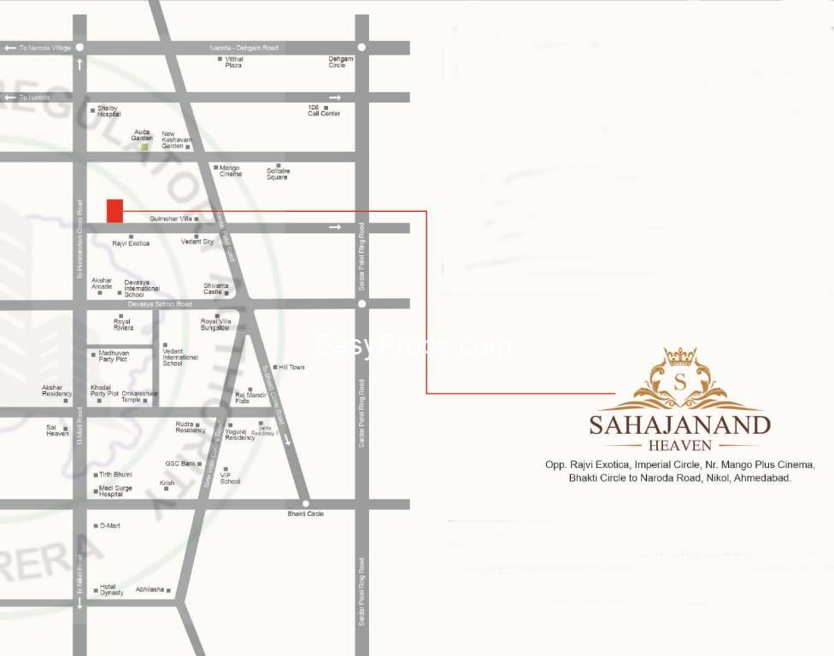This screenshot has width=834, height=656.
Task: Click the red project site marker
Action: [x=115, y=210]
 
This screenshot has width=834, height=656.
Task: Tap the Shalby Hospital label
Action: [x=108, y=111]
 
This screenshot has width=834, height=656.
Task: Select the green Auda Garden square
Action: [x=144, y=147]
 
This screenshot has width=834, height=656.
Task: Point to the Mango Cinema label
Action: [x=231, y=171]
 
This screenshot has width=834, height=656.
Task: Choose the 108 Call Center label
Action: [x=324, y=110]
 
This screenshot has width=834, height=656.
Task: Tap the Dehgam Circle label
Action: [x=341, y=61]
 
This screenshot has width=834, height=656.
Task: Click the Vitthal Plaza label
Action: [x=234, y=61]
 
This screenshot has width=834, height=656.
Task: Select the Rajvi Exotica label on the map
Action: [x=131, y=243]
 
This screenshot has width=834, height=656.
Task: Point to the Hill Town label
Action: [x=291, y=367]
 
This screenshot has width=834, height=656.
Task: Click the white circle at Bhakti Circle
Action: [x=305, y=504]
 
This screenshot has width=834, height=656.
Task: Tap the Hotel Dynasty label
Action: [x=111, y=589]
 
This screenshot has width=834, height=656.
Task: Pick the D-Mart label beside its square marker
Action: [x=110, y=525]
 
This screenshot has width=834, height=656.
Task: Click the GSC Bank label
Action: [x=181, y=464]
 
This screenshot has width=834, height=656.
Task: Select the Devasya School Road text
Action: [x=160, y=304]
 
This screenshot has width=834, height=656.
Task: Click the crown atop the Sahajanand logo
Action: [x=680, y=355]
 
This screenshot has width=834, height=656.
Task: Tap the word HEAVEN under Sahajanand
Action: [x=679, y=446]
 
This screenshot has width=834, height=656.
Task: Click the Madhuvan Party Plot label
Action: [x=113, y=354]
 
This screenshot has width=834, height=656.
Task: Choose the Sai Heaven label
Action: [x=57, y=430]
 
